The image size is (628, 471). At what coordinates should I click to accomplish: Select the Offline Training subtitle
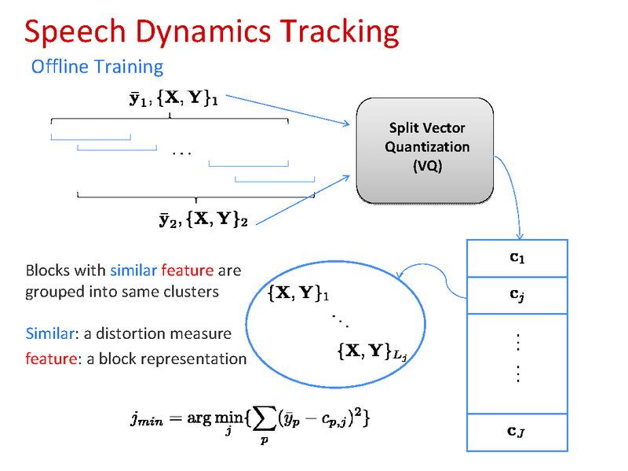click(97, 67)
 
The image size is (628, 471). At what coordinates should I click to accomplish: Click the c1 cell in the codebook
click(516, 258)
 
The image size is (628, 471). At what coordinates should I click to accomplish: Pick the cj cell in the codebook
click(516, 296)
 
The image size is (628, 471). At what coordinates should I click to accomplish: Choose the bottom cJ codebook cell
click(516, 431)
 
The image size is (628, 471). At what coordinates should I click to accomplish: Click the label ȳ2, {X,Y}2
click(203, 219)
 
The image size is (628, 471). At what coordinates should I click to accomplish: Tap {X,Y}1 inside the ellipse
click(298, 295)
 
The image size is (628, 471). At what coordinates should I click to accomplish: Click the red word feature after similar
click(187, 270)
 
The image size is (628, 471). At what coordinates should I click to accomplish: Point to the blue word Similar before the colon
click(49, 333)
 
